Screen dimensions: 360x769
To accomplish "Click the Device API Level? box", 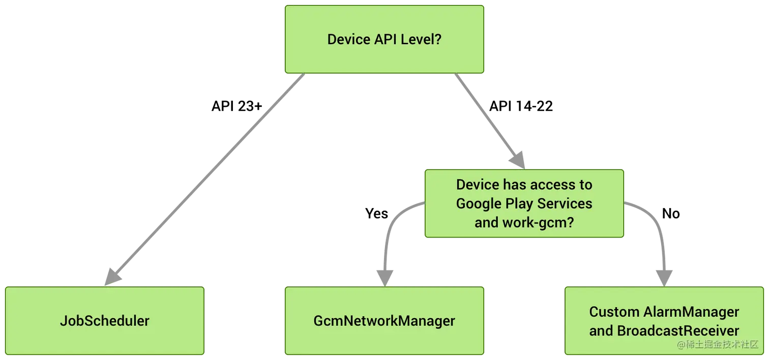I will pyautogui.click(x=384, y=40).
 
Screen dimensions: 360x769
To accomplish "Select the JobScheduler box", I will pyautogui.click(x=104, y=320).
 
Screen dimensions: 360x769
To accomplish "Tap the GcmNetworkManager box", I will pyautogui.click(x=384, y=320).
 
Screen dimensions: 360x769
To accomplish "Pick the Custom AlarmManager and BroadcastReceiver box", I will pyautogui.click(x=664, y=320).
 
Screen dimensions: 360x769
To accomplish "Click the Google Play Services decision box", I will pyautogui.click(x=524, y=203).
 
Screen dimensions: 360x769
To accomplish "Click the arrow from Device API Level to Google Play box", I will pyautogui.click(x=488, y=119).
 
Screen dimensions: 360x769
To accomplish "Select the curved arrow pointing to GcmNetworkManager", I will pyautogui.click(x=389, y=234).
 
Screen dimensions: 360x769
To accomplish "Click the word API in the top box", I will pyautogui.click(x=385, y=40).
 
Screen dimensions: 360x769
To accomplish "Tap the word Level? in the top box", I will pyautogui.click(x=422, y=40).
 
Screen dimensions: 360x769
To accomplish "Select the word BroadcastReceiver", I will pyautogui.click(x=677, y=331).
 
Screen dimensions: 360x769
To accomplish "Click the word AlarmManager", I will pyautogui.click(x=691, y=311).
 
